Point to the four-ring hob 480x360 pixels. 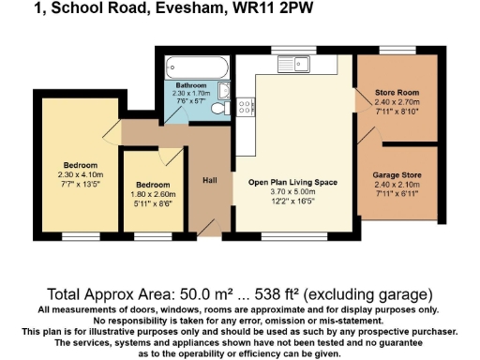point(242,108)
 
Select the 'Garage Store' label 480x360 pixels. point(397,175)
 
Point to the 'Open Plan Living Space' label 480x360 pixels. point(292,182)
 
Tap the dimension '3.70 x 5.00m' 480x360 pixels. point(292,191)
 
